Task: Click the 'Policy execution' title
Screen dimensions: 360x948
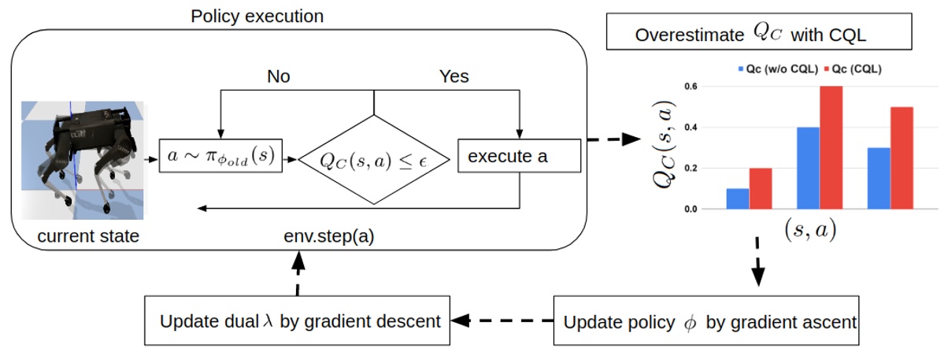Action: click(257, 16)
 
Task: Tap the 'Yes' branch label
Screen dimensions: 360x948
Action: click(454, 76)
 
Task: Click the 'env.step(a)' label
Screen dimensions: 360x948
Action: click(328, 235)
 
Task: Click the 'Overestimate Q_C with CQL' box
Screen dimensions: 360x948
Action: click(758, 35)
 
